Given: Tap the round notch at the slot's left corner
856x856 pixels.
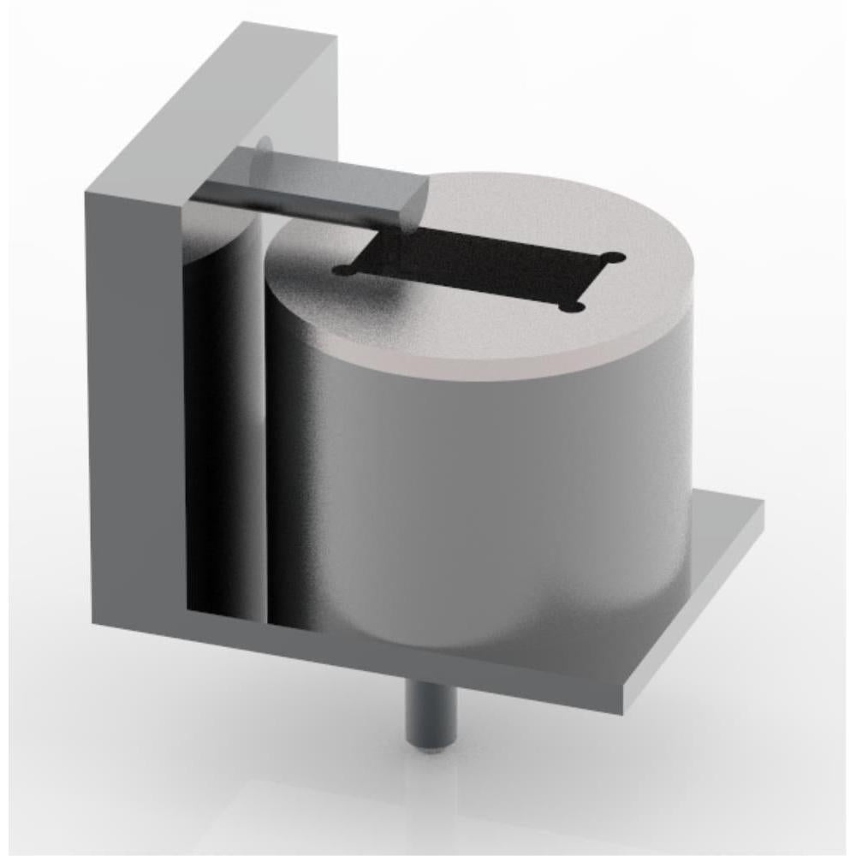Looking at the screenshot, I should pyautogui.click(x=343, y=270).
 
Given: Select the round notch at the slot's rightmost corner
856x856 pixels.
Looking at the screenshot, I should pyautogui.click(x=613, y=258).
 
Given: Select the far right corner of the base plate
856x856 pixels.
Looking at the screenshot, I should pyautogui.click(x=761, y=505).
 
